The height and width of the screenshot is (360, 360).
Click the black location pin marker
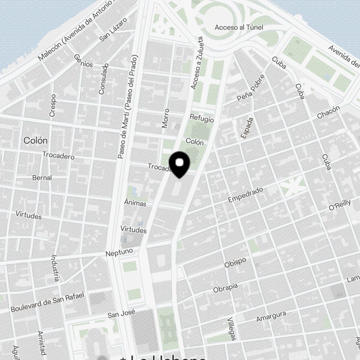point(179,164)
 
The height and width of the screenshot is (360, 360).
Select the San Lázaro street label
point(113,30)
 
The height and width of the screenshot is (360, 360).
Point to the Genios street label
point(84,61)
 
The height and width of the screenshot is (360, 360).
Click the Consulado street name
point(104,79)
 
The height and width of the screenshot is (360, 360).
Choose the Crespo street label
point(53,105)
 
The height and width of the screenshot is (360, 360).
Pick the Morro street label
point(166,118)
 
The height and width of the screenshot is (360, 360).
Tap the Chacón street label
point(328,112)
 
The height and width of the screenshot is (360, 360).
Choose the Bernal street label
point(42,177)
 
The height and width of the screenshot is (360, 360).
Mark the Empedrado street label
point(246,195)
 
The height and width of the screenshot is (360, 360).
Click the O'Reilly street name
point(339,205)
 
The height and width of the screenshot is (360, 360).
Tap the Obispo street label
point(235,262)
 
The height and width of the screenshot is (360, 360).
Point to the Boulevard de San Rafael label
point(47,302)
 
